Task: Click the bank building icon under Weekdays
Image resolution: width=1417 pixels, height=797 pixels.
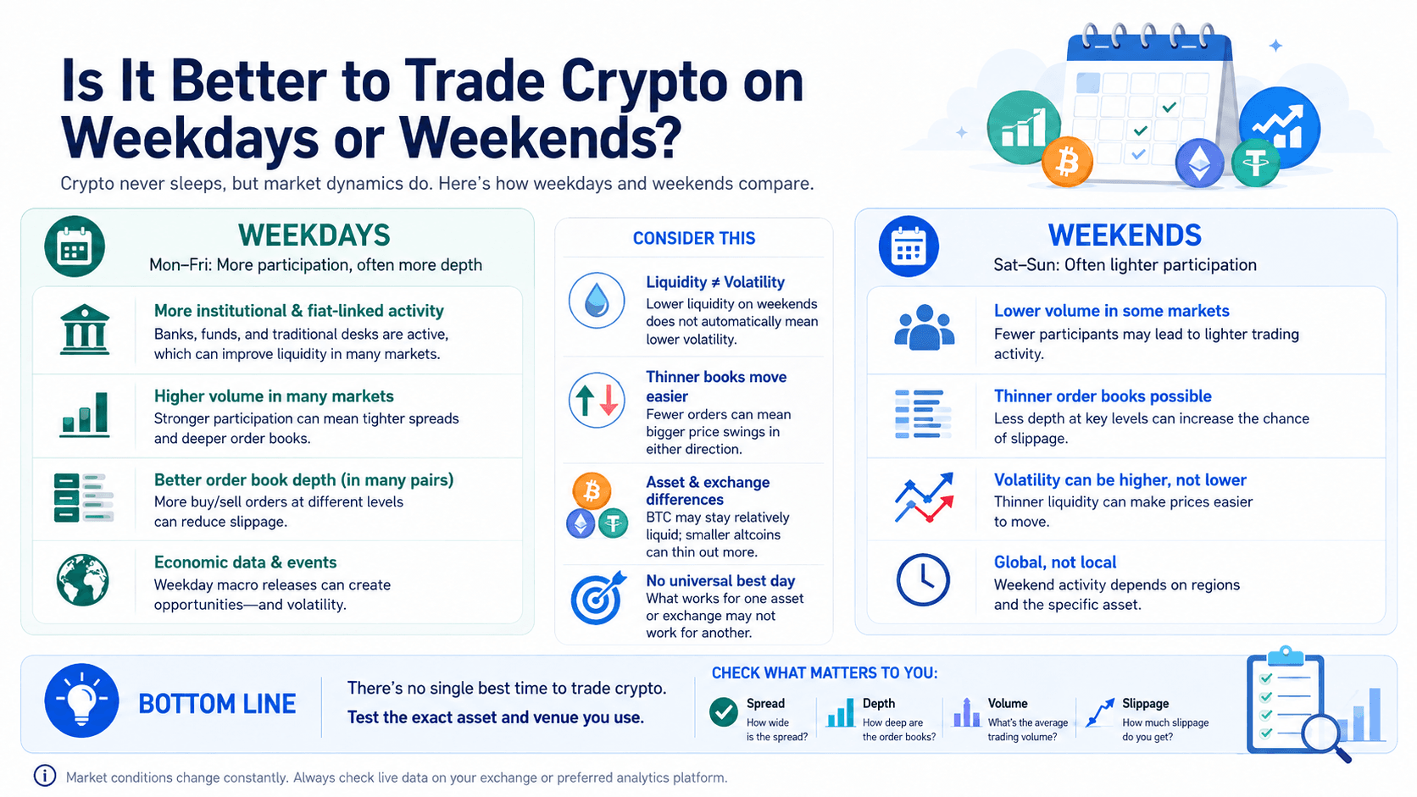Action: point(84,329)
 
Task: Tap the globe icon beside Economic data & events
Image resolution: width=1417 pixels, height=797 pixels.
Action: point(82,580)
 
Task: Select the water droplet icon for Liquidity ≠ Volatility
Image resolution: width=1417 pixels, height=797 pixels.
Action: point(597,300)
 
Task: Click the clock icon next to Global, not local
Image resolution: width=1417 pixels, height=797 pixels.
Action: point(923,580)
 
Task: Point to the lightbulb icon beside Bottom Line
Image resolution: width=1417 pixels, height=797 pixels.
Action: point(81,700)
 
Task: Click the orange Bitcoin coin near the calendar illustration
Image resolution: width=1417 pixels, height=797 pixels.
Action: point(1067,162)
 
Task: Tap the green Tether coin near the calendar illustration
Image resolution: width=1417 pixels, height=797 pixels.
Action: point(1256,163)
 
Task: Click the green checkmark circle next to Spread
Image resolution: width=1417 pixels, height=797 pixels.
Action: point(723,712)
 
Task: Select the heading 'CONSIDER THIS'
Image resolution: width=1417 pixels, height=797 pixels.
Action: point(694,238)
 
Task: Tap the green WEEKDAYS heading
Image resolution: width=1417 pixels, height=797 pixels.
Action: point(314,235)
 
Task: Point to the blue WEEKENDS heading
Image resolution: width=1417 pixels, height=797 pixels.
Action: point(1125,235)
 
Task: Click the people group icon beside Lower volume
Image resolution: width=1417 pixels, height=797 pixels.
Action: point(925,328)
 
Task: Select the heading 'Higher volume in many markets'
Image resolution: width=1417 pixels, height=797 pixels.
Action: point(274,396)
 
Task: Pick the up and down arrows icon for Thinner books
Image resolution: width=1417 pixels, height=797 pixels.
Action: point(597,400)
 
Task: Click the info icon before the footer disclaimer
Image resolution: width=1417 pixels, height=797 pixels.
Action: point(45,776)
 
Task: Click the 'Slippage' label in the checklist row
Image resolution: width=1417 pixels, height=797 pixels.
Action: point(1146,704)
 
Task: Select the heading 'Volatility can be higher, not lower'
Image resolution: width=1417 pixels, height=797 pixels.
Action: point(1120,479)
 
